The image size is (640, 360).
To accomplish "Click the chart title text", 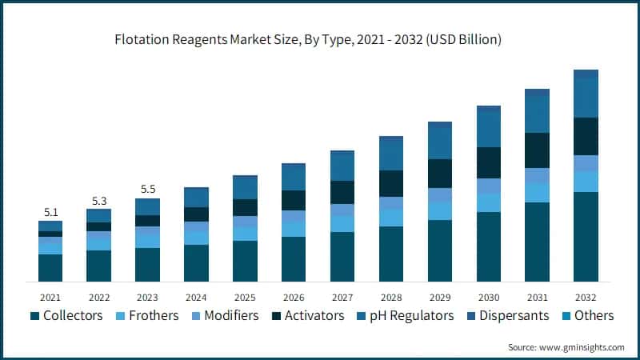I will click(320, 39).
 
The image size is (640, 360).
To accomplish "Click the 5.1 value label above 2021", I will click(50, 212).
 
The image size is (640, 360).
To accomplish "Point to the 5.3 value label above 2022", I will click(99, 200).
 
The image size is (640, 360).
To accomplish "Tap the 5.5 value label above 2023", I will click(148, 190).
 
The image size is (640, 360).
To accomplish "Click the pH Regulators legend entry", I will click(407, 315).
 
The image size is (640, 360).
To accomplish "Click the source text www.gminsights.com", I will click(566, 347).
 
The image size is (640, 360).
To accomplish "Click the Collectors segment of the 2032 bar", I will click(586, 237).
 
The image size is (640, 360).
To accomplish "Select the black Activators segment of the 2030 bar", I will click(489, 162).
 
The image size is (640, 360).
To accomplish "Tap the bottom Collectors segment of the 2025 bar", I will click(245, 261).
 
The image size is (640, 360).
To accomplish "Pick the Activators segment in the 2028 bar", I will click(391, 183).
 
